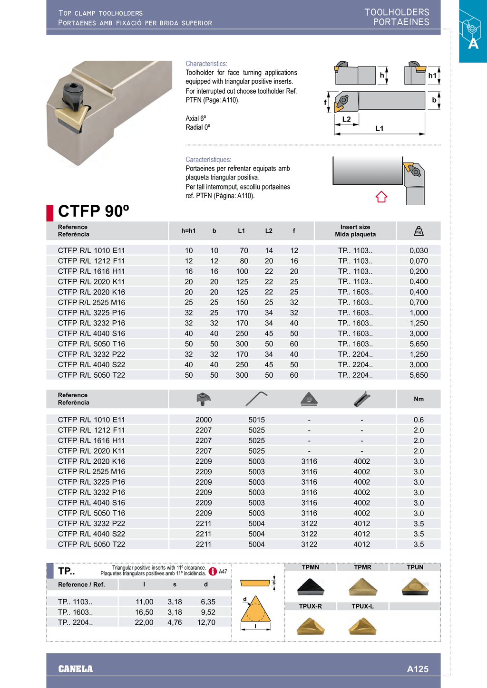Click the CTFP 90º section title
94,211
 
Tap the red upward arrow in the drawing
381,197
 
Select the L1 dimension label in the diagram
379,128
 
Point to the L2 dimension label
346,119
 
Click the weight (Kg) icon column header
419,231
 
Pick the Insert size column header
355,230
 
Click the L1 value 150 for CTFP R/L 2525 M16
242,302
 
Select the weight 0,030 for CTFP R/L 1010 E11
419,250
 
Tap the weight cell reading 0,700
419,302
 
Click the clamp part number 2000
204,420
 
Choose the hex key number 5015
256,420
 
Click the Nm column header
419,399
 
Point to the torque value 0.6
419,420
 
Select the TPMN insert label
311,567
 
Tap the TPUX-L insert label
363,606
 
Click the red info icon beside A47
213,572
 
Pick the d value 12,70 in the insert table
206,622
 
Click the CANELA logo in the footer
76,669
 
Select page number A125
418,669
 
